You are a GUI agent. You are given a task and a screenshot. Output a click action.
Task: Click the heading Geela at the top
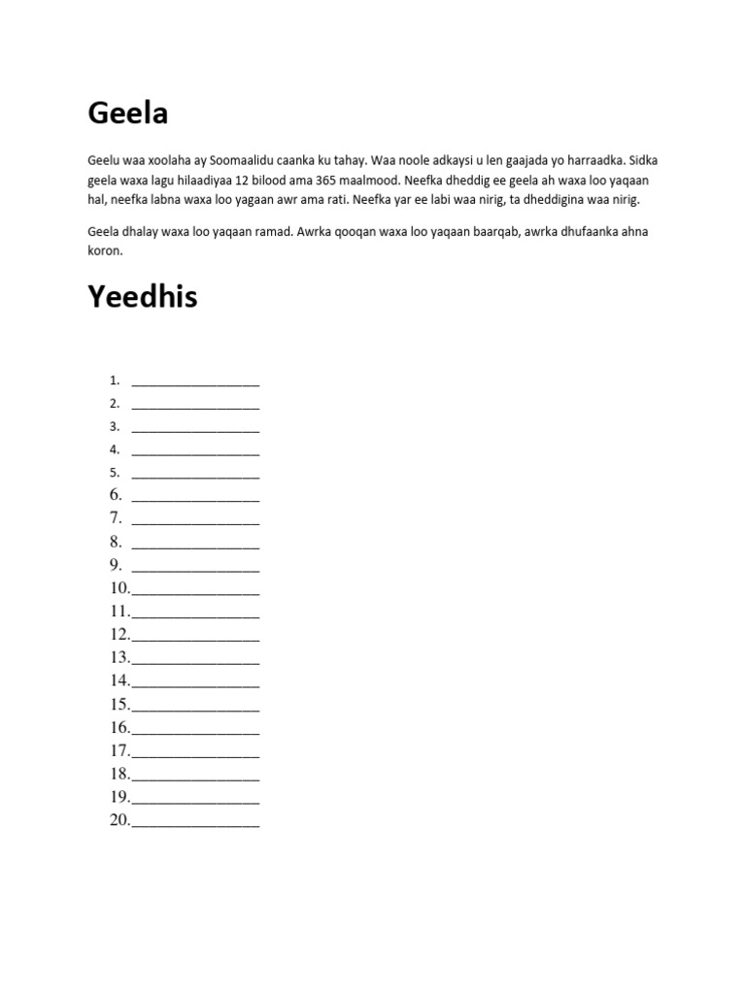click(127, 114)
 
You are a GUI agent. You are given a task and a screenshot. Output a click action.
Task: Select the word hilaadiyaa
click(201, 180)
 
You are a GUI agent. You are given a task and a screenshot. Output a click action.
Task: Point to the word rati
click(332, 199)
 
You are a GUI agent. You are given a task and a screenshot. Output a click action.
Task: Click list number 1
click(115, 380)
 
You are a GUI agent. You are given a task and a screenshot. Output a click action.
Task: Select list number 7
click(116, 517)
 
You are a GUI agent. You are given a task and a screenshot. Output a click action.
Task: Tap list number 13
click(119, 657)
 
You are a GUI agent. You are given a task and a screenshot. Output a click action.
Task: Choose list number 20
click(119, 820)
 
